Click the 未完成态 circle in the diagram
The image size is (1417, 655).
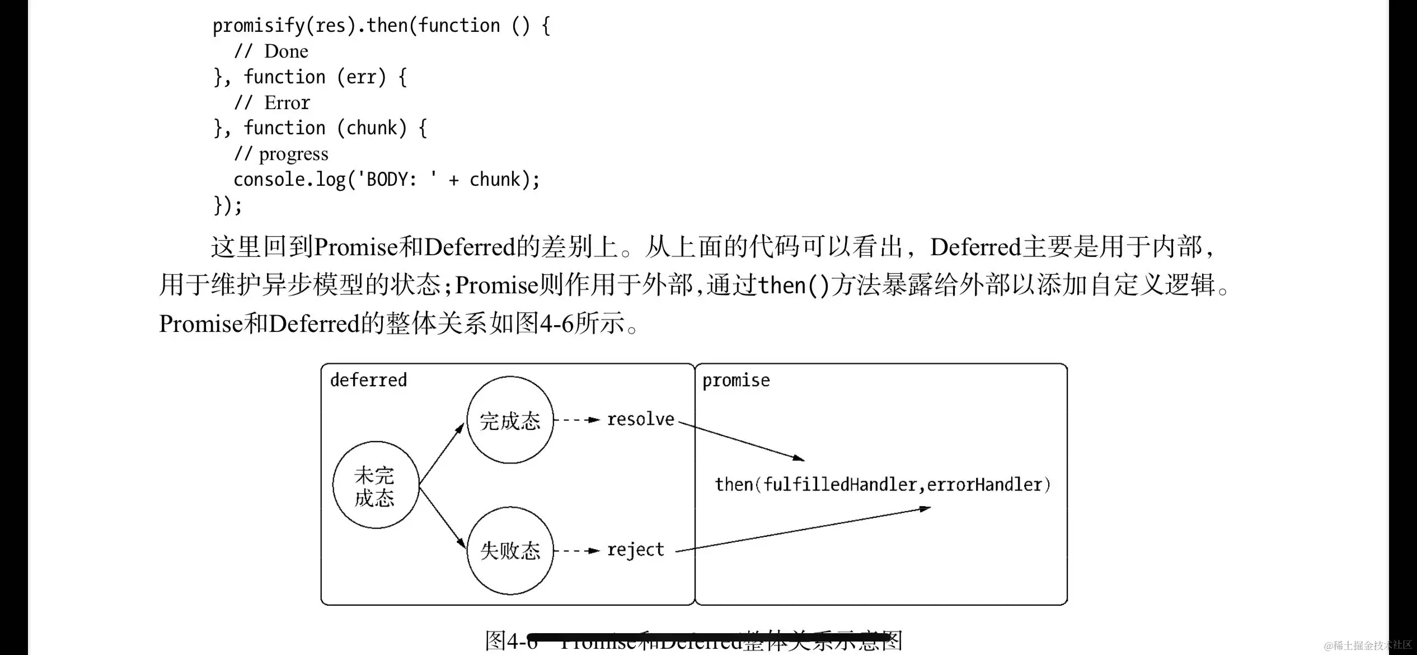[x=376, y=485]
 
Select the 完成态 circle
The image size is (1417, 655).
[x=510, y=420]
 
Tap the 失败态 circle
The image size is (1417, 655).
[x=510, y=550]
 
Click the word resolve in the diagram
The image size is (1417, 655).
[x=641, y=419]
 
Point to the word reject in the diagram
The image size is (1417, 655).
[x=636, y=550]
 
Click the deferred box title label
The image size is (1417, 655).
[x=368, y=380]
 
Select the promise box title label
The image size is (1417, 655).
[x=736, y=381]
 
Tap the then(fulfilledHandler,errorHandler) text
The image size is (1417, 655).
[x=883, y=484]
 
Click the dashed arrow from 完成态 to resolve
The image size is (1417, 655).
[x=576, y=419]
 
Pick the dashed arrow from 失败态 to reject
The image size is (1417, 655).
[x=576, y=550]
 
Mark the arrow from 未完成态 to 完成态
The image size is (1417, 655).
[x=442, y=453]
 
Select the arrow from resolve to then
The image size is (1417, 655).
[x=742, y=441]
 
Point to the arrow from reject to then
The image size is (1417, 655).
[x=803, y=530]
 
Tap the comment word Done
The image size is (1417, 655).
[x=286, y=52]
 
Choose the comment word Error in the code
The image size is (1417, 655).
[x=287, y=103]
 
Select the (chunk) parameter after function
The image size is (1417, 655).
[x=372, y=128]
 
